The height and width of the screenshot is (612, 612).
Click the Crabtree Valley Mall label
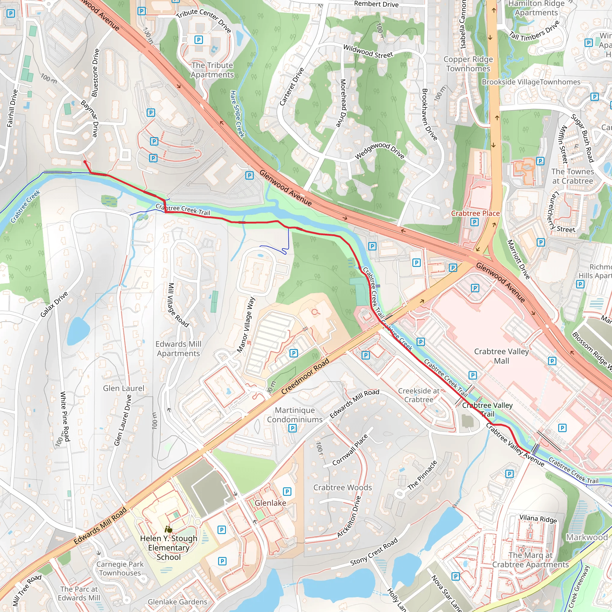coord(501,356)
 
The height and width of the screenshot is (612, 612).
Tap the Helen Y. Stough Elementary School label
coord(169,548)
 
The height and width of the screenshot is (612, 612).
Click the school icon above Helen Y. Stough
coord(169,529)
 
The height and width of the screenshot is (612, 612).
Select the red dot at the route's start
coord(85,162)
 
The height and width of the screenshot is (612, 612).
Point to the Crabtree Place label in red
coord(475,213)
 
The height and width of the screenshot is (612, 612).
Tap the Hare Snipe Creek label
coord(237,114)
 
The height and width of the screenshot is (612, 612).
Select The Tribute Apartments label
coord(212,70)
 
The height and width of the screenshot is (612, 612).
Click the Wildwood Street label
coord(368,52)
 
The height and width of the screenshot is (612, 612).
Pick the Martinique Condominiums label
coord(295,415)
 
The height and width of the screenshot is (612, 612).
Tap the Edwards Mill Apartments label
coord(178,348)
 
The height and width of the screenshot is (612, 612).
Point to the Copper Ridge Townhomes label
coord(468,64)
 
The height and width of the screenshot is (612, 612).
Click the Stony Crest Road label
coord(374,553)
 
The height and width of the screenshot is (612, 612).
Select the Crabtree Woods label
coord(342,487)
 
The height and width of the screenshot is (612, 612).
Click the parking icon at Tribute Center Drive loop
coord(199,40)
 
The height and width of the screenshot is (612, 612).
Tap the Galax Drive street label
coord(54,305)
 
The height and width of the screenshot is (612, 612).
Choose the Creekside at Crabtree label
coord(419,395)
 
